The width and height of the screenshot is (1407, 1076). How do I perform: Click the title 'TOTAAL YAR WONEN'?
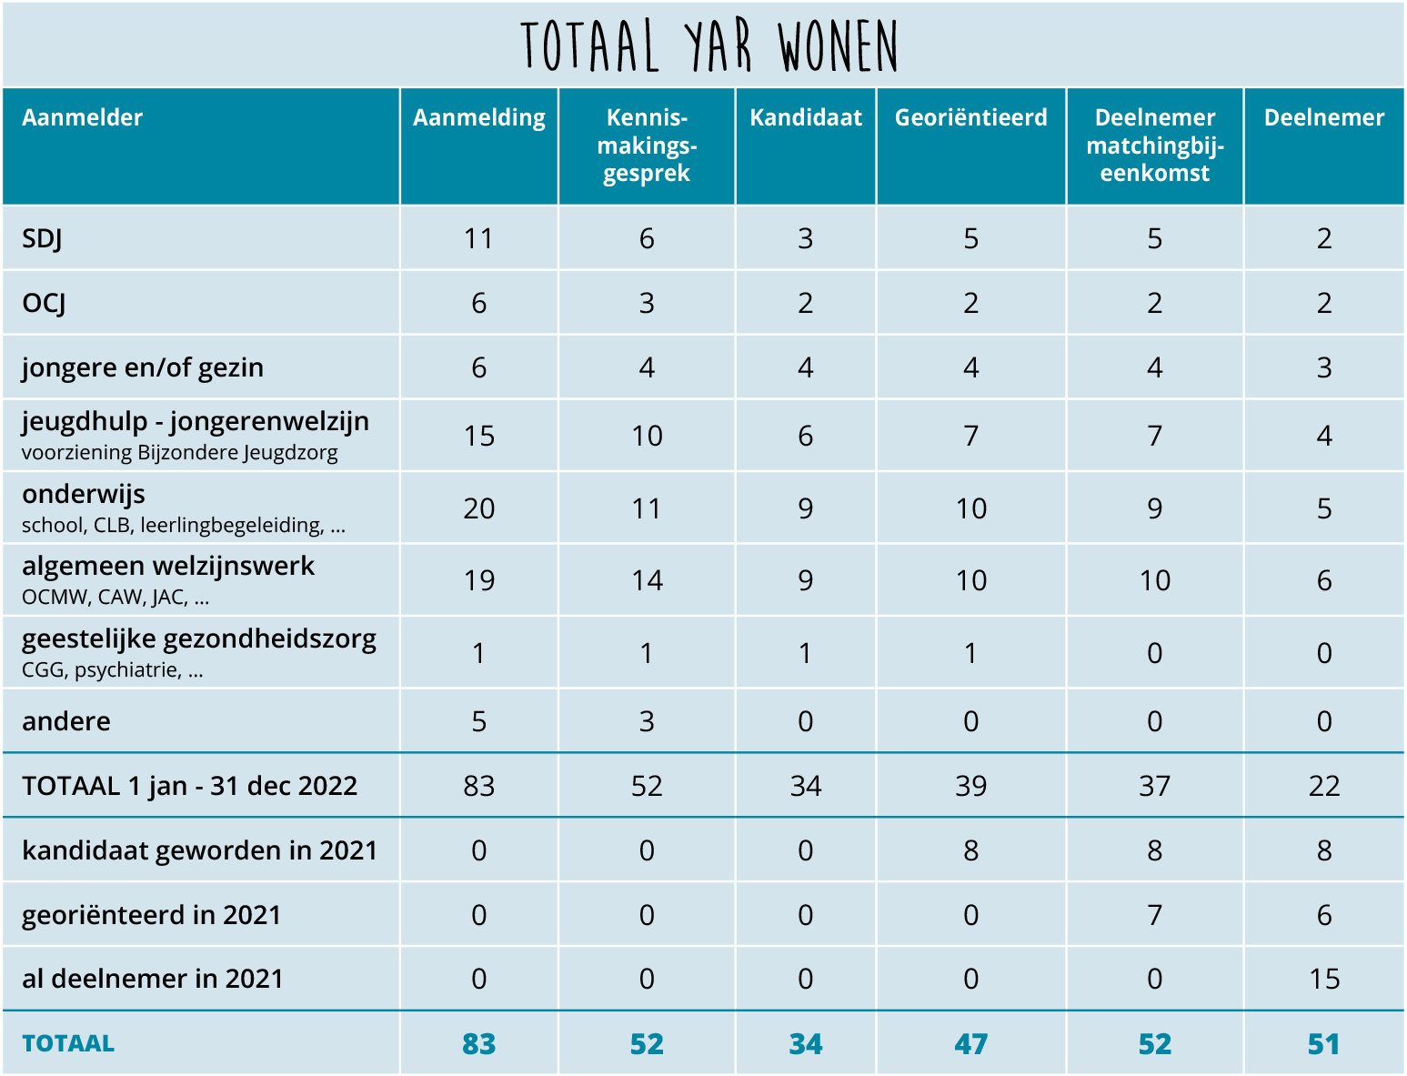[709, 45]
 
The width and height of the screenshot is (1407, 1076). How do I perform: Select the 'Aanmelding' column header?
[478, 118]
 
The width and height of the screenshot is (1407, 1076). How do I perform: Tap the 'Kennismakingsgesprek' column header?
[647, 146]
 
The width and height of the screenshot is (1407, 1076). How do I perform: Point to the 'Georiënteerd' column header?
[971, 117]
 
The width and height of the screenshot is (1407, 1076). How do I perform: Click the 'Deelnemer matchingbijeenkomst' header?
[1155, 146]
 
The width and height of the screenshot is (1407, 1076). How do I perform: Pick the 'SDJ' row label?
[43, 239]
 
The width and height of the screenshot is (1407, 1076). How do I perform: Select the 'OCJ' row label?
[44, 303]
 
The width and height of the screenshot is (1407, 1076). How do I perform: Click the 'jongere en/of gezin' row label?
[142, 368]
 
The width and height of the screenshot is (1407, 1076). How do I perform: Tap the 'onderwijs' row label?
[84, 494]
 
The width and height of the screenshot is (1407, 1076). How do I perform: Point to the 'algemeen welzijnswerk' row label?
[168, 567]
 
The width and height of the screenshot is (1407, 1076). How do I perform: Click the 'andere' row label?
[66, 721]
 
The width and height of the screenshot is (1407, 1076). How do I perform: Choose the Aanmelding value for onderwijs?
[478, 508]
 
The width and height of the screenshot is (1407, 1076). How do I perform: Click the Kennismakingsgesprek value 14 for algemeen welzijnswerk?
[647, 580]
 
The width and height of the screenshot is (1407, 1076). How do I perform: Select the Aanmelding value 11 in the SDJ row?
[478, 239]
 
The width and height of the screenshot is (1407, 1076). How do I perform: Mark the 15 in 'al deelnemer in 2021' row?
[1324, 980]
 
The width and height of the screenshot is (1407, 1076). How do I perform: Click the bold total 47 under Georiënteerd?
[971, 1044]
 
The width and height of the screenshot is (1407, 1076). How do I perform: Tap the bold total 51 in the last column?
[1324, 1044]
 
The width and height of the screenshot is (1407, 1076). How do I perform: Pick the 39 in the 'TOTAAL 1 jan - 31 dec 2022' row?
[971, 787]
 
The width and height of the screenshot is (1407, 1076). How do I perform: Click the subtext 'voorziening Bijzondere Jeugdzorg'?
[179, 453]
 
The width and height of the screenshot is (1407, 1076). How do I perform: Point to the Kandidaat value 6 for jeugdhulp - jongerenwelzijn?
[806, 437]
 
